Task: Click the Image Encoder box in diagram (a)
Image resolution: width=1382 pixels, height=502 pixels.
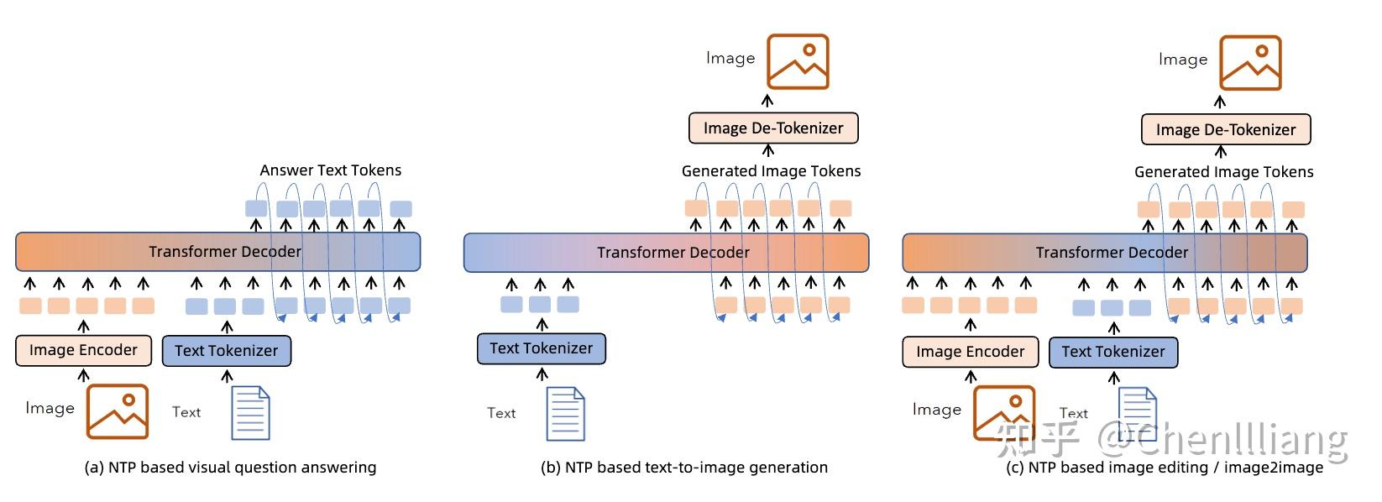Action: (83, 350)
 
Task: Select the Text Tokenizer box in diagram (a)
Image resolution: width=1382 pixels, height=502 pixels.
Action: (226, 351)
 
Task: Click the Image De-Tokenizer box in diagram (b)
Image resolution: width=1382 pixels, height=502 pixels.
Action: (773, 128)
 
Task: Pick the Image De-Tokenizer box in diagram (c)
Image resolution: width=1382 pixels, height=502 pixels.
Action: (1225, 130)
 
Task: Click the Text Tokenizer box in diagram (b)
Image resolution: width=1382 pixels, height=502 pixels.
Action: (541, 348)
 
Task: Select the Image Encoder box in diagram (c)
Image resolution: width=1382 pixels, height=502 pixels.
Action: (970, 352)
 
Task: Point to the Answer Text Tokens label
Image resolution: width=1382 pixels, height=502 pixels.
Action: (330, 170)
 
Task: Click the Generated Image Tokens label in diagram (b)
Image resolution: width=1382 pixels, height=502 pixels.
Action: (771, 171)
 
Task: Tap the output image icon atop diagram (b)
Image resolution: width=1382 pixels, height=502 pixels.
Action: (798, 61)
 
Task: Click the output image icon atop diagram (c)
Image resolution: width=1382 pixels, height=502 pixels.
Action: (1250, 63)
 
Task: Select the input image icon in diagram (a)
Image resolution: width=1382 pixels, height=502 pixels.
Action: (118, 411)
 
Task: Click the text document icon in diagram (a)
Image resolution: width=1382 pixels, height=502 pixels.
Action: (250, 413)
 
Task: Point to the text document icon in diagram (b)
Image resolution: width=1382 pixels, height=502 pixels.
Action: (565, 414)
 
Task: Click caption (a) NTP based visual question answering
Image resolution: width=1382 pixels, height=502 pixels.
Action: (230, 468)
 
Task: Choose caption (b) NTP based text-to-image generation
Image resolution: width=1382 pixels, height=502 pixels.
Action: (683, 468)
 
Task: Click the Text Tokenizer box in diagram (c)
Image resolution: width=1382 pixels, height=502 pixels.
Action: (1113, 352)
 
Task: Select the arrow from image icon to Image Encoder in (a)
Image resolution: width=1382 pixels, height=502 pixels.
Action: (83, 375)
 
